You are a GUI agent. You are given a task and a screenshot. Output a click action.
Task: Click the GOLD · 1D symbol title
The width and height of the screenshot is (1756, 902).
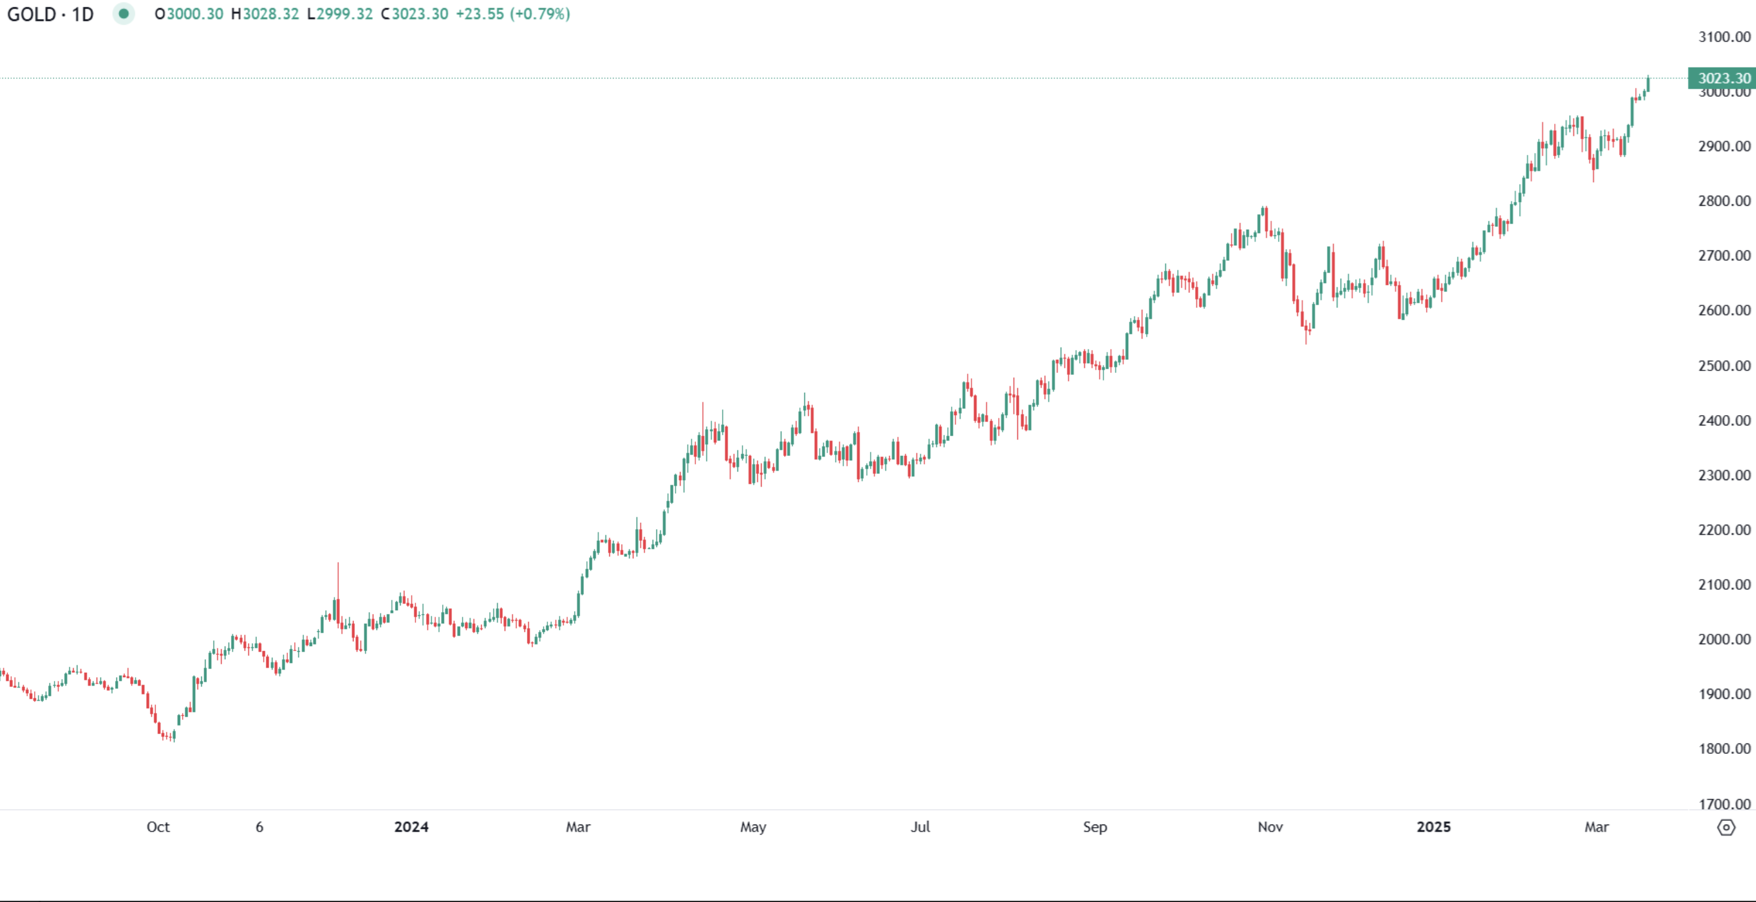[x=50, y=14]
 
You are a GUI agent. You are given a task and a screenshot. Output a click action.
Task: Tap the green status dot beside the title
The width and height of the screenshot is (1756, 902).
[x=123, y=14]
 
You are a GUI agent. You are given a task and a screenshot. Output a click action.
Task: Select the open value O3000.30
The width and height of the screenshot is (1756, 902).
[x=189, y=14]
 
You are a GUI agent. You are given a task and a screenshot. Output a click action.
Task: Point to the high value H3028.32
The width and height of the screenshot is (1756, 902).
[x=265, y=14]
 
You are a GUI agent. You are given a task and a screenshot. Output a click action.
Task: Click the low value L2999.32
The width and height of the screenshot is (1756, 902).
[x=340, y=14]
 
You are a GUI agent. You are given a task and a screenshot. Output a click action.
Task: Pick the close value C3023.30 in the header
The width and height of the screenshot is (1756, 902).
[x=414, y=14]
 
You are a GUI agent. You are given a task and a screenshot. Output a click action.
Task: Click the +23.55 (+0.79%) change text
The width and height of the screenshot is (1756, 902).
[x=513, y=14]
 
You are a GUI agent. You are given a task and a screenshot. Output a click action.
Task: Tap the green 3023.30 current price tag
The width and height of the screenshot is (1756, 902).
[x=1722, y=79]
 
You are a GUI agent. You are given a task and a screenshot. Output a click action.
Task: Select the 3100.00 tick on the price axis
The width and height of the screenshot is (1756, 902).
[x=1724, y=37]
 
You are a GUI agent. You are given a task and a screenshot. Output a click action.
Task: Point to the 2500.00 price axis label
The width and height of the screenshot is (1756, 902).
[x=1724, y=366]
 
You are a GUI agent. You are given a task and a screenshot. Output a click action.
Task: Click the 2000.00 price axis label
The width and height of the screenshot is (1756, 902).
[x=1724, y=639]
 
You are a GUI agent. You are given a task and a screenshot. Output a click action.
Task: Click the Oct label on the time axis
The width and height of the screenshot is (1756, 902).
[x=158, y=827]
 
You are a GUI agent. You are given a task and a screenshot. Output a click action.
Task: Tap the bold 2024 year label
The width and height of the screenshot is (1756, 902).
[x=411, y=827]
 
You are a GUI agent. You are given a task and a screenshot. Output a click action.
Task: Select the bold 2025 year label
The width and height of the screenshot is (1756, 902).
[x=1433, y=827]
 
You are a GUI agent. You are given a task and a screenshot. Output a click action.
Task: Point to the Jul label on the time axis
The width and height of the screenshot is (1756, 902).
[x=920, y=827]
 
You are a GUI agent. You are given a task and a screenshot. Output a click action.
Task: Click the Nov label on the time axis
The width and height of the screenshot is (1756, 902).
[x=1270, y=827]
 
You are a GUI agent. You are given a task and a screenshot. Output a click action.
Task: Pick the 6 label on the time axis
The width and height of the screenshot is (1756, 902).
[x=259, y=827]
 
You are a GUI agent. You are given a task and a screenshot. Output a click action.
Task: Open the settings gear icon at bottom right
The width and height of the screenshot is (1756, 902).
[x=1726, y=828]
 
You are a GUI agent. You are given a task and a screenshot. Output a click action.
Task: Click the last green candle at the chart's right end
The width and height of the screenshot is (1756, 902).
[x=1648, y=84]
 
